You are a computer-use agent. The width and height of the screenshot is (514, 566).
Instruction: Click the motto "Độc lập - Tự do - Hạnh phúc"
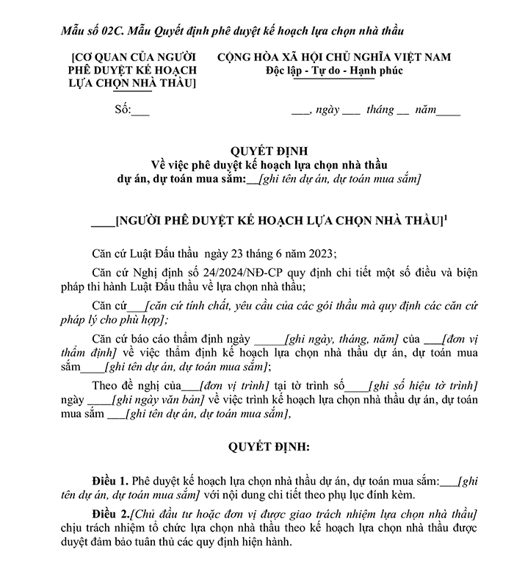point(334,71)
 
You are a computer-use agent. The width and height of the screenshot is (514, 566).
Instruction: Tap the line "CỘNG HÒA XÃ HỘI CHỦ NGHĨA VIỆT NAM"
point(334,57)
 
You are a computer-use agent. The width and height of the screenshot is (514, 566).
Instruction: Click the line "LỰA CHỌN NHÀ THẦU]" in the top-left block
point(133,84)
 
